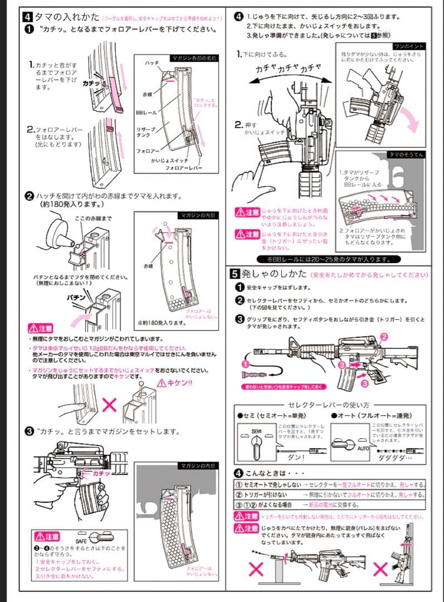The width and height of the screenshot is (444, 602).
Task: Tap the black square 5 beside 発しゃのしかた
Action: [235, 274]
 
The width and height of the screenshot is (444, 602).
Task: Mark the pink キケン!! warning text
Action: [174, 382]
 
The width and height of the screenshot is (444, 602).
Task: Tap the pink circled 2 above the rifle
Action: [384, 337]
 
